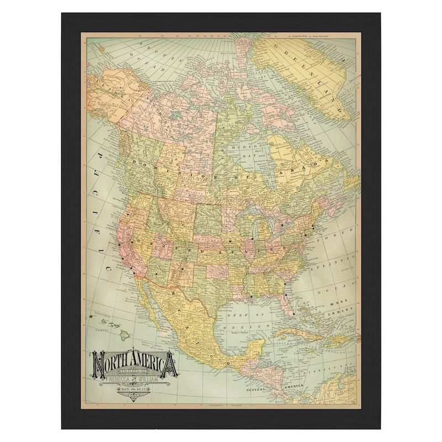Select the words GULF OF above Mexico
tap(239, 315)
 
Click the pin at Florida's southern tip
tap(293, 314)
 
